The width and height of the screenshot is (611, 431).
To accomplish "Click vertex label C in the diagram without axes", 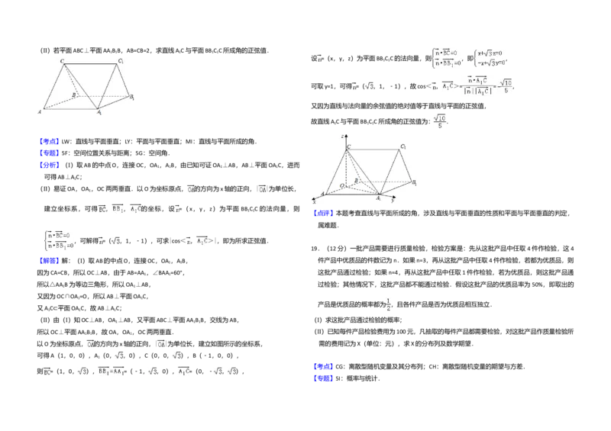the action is coord(62,60).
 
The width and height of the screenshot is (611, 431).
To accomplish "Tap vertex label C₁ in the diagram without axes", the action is coord(121,60).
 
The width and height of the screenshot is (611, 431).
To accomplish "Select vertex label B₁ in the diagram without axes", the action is coord(132,97).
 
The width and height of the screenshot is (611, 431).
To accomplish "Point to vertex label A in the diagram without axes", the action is coord(40,112).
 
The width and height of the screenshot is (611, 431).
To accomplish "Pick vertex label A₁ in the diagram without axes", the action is coord(99,112).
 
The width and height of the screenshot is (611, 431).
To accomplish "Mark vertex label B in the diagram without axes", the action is coord(73,95).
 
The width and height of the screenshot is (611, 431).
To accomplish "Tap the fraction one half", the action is coord(389,304).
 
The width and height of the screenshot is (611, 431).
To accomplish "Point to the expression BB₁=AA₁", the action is coord(112,371).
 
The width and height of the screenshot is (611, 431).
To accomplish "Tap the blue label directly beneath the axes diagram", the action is coord(323,214).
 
